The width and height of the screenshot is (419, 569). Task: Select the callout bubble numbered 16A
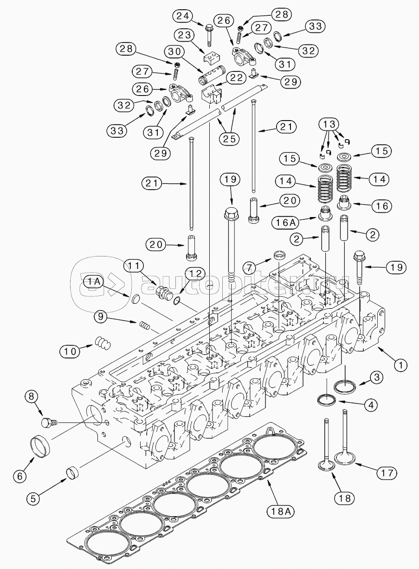click(285, 223)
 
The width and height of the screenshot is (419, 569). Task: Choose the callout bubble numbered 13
click(329, 124)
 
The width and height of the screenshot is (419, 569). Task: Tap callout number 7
click(250, 267)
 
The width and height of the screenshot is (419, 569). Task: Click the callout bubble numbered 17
click(387, 473)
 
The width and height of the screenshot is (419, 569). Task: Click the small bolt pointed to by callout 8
click(49, 422)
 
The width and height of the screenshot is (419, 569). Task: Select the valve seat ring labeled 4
click(327, 400)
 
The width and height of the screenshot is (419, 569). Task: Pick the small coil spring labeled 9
click(145, 326)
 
